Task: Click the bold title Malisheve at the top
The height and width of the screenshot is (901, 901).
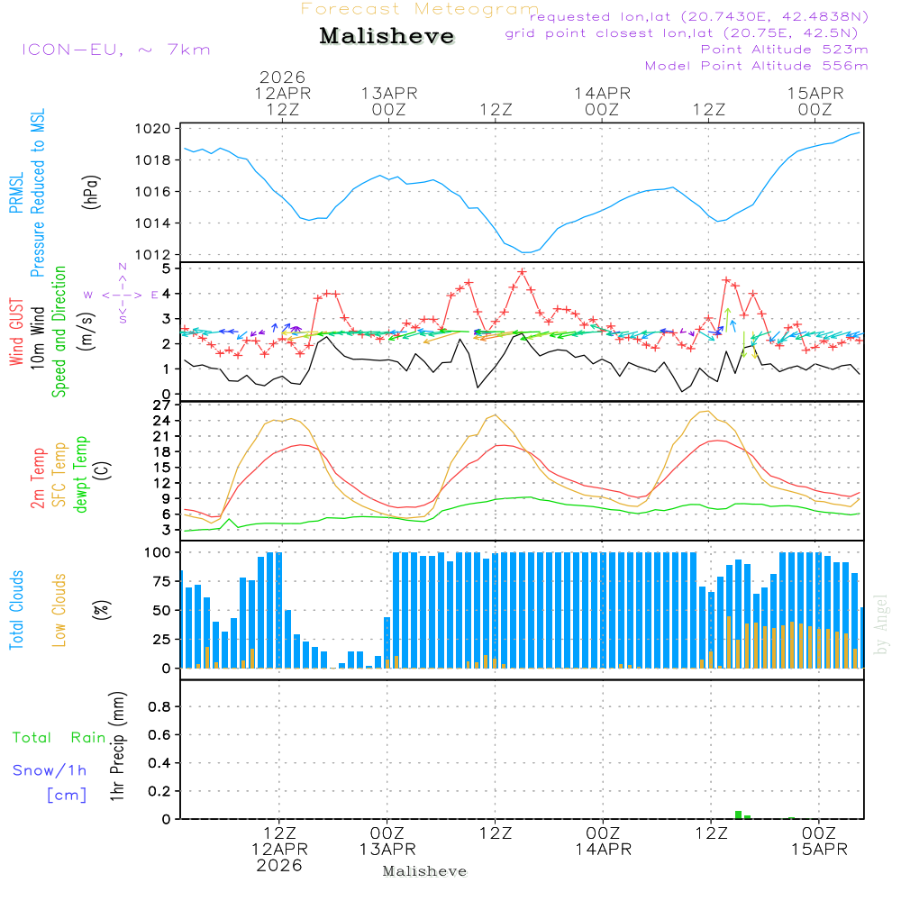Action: pyautogui.click(x=387, y=37)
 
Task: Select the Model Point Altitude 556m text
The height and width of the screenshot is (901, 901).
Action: pyautogui.click(x=757, y=66)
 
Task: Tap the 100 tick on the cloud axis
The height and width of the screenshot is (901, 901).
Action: pyautogui.click(x=159, y=552)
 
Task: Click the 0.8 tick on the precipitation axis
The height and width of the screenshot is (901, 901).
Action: pyautogui.click(x=159, y=707)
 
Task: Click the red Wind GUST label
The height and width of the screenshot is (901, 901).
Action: pyautogui.click(x=16, y=333)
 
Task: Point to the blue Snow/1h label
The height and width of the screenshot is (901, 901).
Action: pyautogui.click(x=50, y=771)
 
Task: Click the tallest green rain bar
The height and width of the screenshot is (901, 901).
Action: pyautogui.click(x=738, y=815)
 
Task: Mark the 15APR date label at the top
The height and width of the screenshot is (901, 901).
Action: pyautogui.click(x=815, y=93)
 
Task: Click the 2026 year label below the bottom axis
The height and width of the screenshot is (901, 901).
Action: pyautogui.click(x=279, y=866)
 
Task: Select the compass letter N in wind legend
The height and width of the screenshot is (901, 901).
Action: pyautogui.click(x=123, y=268)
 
